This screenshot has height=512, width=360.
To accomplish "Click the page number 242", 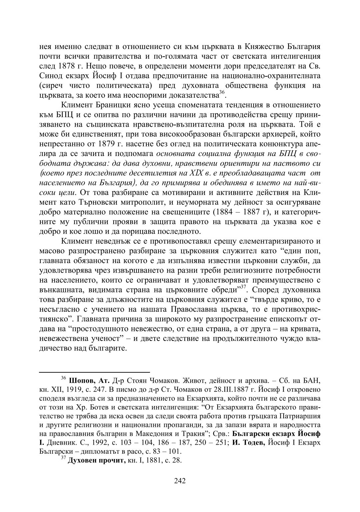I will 180,480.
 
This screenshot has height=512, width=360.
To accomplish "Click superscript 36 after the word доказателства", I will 222,93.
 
